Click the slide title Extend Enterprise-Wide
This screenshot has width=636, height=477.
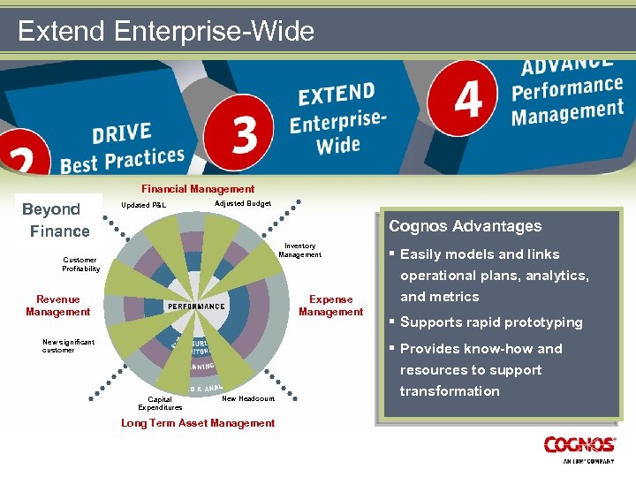[x=165, y=32]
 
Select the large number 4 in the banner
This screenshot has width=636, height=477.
[x=468, y=99]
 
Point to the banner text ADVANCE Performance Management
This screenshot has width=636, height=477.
[x=567, y=91]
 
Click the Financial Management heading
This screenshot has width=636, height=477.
[x=198, y=188]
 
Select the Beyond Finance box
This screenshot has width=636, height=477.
[x=58, y=220]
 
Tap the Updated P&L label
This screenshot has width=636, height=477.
[x=143, y=206]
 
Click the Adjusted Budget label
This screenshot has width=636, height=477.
[x=243, y=203]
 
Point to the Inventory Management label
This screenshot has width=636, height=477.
[x=299, y=251]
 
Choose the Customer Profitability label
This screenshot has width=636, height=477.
[x=81, y=264]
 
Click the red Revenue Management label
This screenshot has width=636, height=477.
[x=57, y=306]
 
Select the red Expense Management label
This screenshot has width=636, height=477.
[x=330, y=306]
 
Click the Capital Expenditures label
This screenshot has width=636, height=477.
[x=160, y=403]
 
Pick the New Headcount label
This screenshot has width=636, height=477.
[x=248, y=398]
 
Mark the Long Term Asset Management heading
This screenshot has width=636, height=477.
[x=198, y=423]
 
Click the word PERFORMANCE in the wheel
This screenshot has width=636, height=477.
[x=195, y=306]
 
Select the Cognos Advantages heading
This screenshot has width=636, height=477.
[x=465, y=226]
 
